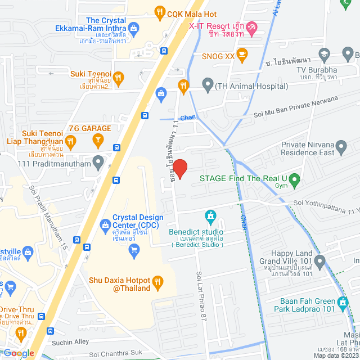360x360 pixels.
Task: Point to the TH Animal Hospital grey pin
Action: coord(208,87)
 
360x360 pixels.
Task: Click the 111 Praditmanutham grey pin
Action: coord(99,163)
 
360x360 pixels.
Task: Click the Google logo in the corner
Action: coord(19,353)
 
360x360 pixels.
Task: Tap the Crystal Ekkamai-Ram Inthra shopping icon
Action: coord(134,27)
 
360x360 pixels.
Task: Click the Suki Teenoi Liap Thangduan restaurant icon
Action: coord(70,141)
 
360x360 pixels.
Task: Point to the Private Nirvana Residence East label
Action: coord(308,148)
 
